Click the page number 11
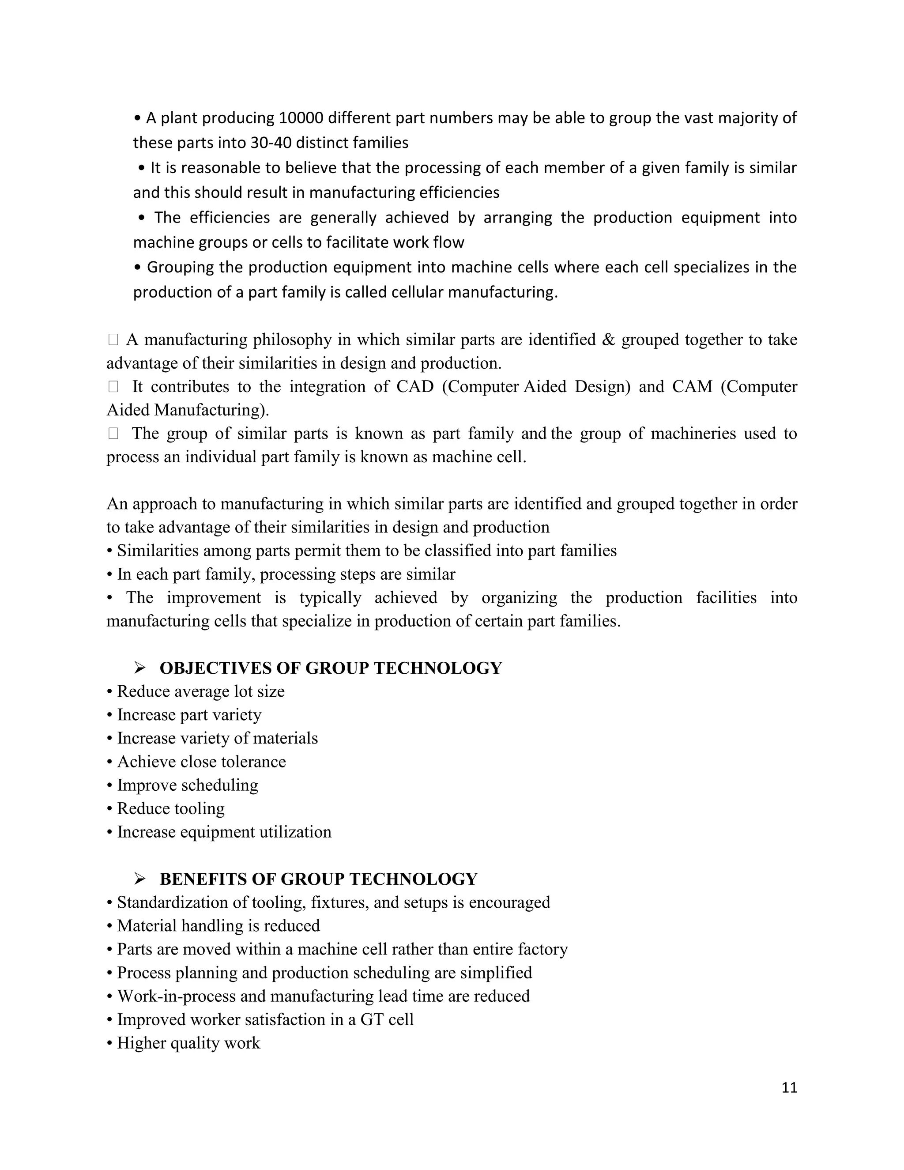pos(789,1088)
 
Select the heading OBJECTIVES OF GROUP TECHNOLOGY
pos(331,668)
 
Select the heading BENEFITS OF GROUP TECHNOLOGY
pos(318,879)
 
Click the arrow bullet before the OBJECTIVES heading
pos(140,668)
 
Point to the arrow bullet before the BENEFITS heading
pos(140,879)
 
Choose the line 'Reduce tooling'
pos(170,809)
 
